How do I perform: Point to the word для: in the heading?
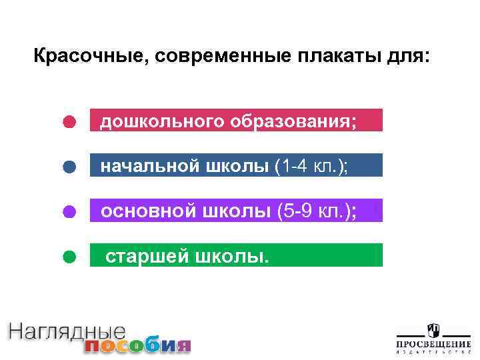(x=409, y=56)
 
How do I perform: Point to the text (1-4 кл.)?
(x=311, y=167)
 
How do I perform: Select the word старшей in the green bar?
(x=146, y=257)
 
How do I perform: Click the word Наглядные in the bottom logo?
(x=67, y=331)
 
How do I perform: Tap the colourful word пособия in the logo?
(x=137, y=345)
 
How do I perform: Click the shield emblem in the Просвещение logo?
(x=433, y=331)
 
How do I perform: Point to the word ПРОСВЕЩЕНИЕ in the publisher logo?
(x=433, y=344)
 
